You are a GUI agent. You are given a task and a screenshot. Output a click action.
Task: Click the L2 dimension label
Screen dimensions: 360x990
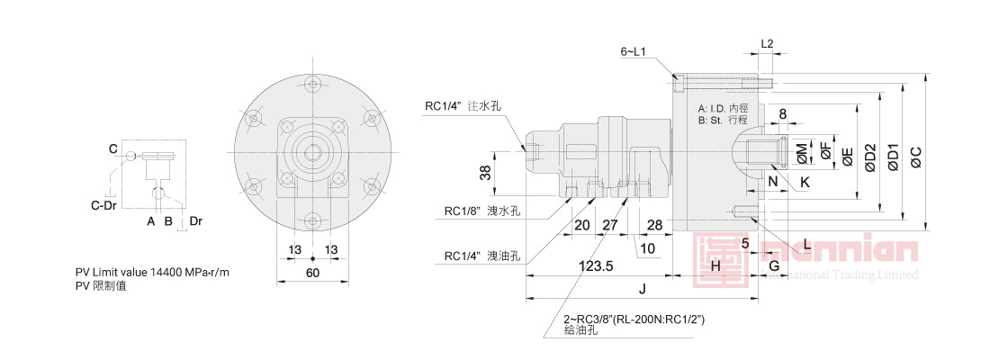[767, 43]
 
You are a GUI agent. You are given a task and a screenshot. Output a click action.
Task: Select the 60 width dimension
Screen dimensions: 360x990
[312, 272]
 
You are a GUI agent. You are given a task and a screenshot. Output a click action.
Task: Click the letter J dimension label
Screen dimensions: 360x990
[642, 289]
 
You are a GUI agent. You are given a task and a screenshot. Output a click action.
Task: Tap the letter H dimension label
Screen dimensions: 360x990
[715, 266]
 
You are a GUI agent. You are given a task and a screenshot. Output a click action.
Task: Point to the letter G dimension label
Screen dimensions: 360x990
[773, 266]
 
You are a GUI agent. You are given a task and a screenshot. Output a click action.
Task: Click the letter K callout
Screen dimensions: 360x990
[805, 182]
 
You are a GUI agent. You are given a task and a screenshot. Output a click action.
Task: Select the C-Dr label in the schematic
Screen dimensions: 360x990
[103, 205]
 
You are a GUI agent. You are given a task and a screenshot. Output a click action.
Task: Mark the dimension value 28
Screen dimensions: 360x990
[654, 224]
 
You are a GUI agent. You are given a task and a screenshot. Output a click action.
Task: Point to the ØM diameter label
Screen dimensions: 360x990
[802, 154]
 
